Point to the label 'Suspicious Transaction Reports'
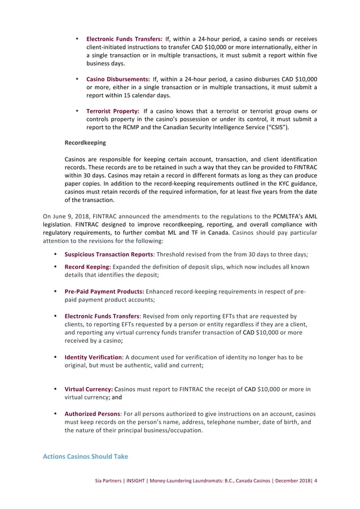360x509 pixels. (x=106, y=254)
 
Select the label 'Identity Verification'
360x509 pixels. (x=93, y=357)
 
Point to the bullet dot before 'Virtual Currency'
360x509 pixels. (x=55, y=389)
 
